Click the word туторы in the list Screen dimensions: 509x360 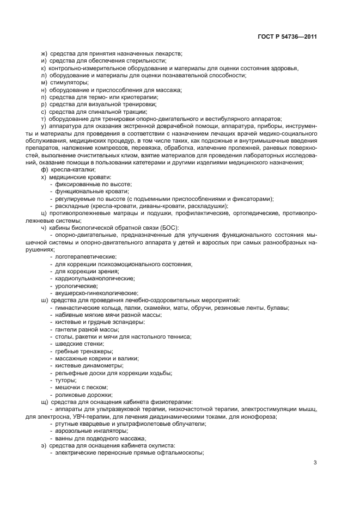[x=65, y=380]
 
